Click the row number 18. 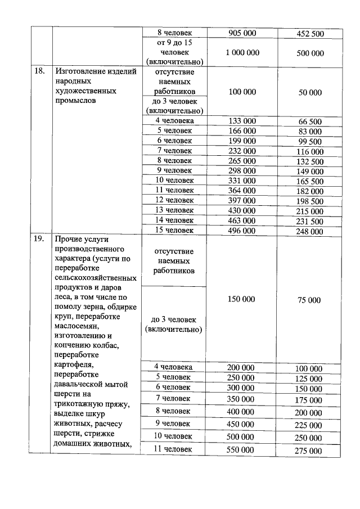click(x=39, y=71)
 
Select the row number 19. click(x=39, y=239)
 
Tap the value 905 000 click(x=242, y=33)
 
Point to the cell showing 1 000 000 click(x=242, y=52)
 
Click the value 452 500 click(x=309, y=34)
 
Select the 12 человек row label click(x=174, y=200)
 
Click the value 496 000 click(x=242, y=230)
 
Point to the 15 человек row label click(x=174, y=230)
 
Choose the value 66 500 click(x=309, y=121)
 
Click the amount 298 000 click(x=242, y=170)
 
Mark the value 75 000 click(x=309, y=300)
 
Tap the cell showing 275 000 click(x=309, y=451)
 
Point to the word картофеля click(x=75, y=364)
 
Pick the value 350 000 click(x=242, y=398)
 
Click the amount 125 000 click(x=309, y=379)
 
